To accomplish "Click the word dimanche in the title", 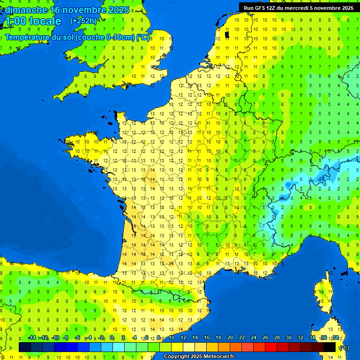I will (26, 10).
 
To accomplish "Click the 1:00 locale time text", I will (32, 21).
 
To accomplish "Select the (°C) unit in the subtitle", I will (143, 37).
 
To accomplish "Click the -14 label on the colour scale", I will (32, 338).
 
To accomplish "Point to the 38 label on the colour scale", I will (336, 338).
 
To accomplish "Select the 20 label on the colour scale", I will (230, 338).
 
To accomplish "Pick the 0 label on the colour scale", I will (112, 338).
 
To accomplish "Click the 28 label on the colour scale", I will (277, 338).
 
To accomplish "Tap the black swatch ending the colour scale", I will (330, 347).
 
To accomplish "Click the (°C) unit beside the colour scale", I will (344, 347).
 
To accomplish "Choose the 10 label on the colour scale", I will (171, 338).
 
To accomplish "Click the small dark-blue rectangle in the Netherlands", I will (227, 34).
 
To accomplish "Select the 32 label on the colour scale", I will (300, 338).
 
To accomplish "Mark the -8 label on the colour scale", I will (66, 338).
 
